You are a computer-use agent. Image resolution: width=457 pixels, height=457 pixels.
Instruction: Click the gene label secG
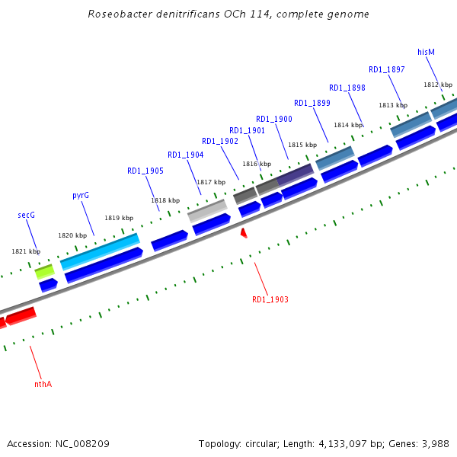tap(27, 216)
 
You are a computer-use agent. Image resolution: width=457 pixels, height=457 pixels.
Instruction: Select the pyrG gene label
tap(81, 196)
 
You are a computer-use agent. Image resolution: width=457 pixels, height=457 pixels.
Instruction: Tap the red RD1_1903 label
tap(270, 299)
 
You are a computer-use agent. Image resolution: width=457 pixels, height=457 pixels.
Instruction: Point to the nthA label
tap(43, 384)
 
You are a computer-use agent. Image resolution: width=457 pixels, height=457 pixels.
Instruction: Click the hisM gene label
tap(426, 52)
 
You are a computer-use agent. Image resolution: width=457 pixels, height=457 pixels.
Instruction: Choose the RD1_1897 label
tap(386, 70)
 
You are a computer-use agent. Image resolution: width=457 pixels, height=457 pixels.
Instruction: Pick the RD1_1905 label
tap(145, 171)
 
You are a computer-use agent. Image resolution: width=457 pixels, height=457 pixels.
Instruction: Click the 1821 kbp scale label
tap(26, 251)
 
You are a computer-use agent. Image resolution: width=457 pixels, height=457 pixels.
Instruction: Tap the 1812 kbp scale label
tap(438, 85)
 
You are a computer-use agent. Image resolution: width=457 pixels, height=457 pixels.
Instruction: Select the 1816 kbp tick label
tap(257, 164)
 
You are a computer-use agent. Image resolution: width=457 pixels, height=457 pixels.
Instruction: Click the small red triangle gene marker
tap(244, 232)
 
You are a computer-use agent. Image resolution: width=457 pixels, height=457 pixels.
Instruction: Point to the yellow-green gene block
tap(44, 270)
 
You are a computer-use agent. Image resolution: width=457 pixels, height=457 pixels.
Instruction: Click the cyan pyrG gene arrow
tap(100, 251)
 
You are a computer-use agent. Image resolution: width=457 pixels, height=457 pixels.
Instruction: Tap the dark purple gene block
tap(296, 176)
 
